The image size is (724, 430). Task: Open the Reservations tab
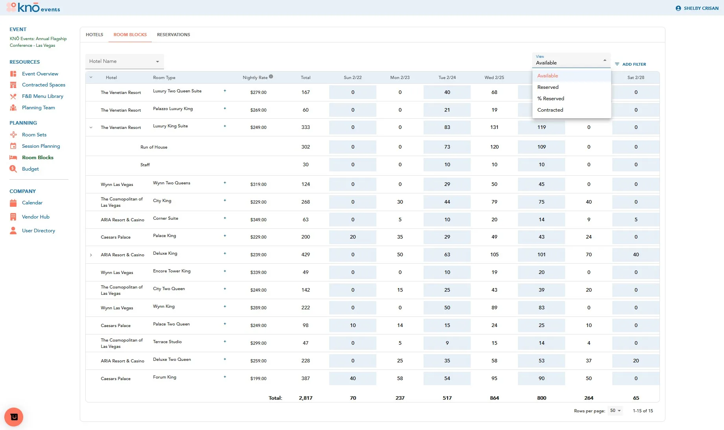click(x=173, y=35)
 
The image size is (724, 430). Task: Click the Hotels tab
click(x=94, y=35)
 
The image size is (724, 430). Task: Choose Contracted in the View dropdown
click(x=550, y=110)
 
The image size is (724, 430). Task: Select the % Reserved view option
click(x=551, y=99)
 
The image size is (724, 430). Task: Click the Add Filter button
click(x=630, y=64)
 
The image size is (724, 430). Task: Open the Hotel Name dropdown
click(x=124, y=61)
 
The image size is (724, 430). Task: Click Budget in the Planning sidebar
click(x=30, y=169)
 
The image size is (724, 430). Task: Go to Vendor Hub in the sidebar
click(x=36, y=217)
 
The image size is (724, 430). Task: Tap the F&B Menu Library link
click(x=42, y=96)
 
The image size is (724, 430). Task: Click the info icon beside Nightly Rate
click(x=271, y=77)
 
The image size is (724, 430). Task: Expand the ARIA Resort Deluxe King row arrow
click(x=91, y=255)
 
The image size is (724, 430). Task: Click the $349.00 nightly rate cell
click(x=258, y=220)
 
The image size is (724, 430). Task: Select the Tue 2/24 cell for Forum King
click(x=447, y=379)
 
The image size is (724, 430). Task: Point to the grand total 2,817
click(x=306, y=398)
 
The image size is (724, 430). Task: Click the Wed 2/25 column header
click(x=494, y=77)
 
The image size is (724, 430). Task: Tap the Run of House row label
click(x=154, y=147)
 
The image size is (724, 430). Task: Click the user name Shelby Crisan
click(x=701, y=8)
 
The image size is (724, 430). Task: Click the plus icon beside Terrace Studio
click(x=225, y=342)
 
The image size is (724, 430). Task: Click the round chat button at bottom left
click(x=14, y=417)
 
